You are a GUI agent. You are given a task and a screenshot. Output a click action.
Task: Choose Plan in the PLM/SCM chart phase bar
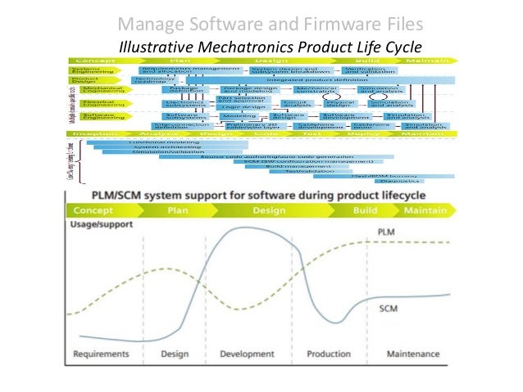(178, 210)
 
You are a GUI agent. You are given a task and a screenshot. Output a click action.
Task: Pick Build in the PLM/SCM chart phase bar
(365, 210)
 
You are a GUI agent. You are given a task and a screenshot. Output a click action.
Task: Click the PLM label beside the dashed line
(387, 232)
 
